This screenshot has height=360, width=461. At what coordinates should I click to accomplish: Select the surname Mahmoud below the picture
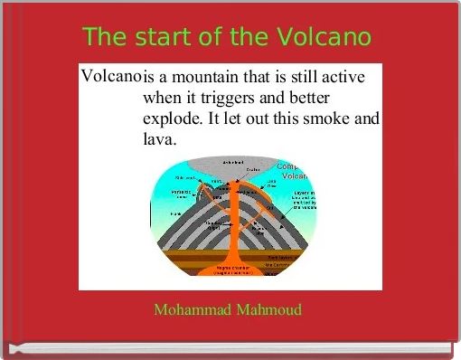tap(268, 310)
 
